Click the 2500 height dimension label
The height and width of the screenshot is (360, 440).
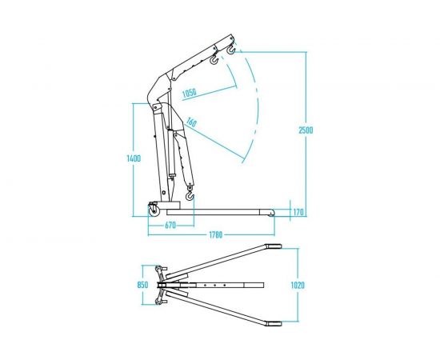tap(306, 130)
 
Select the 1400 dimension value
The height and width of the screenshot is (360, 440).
tap(134, 158)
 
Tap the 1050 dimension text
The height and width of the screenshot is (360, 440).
tap(190, 93)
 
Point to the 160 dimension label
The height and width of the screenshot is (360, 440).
tap(191, 122)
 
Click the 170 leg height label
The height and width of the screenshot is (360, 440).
tap(298, 212)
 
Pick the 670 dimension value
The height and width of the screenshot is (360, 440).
tap(170, 226)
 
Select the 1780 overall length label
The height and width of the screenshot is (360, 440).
tap(215, 234)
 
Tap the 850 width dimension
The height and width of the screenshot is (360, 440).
tap(142, 285)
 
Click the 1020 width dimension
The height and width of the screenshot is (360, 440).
tap(298, 286)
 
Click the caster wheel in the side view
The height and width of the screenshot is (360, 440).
tap(154, 210)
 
